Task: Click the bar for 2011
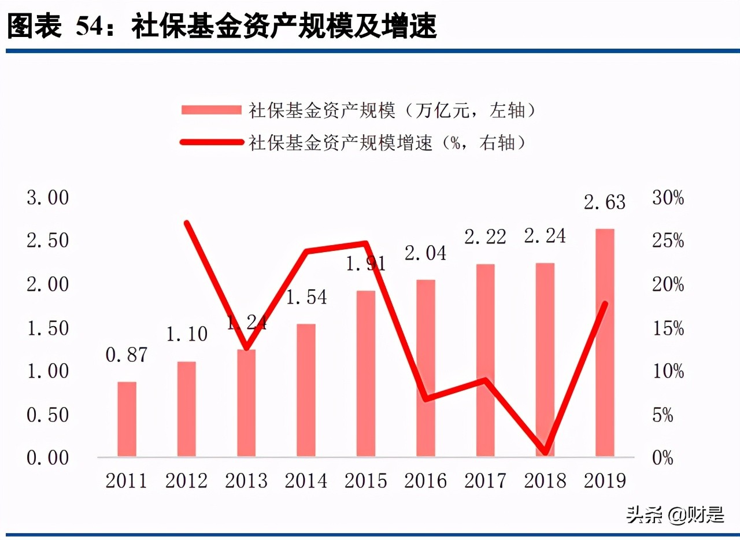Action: [x=127, y=419]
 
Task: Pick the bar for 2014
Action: [x=306, y=390]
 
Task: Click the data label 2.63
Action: [x=605, y=202]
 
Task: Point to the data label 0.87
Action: [x=127, y=355]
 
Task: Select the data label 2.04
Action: [x=425, y=253]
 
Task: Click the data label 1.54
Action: [x=306, y=297]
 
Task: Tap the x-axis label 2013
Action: [x=246, y=481]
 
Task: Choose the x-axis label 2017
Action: [x=486, y=481]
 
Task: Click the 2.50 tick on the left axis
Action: [x=47, y=241]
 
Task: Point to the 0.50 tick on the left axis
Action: [x=47, y=415]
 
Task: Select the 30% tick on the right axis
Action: [x=668, y=198]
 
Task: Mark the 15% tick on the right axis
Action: [x=668, y=328]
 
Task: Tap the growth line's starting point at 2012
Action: [x=187, y=223]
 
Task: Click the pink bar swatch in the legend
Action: [x=210, y=110]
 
